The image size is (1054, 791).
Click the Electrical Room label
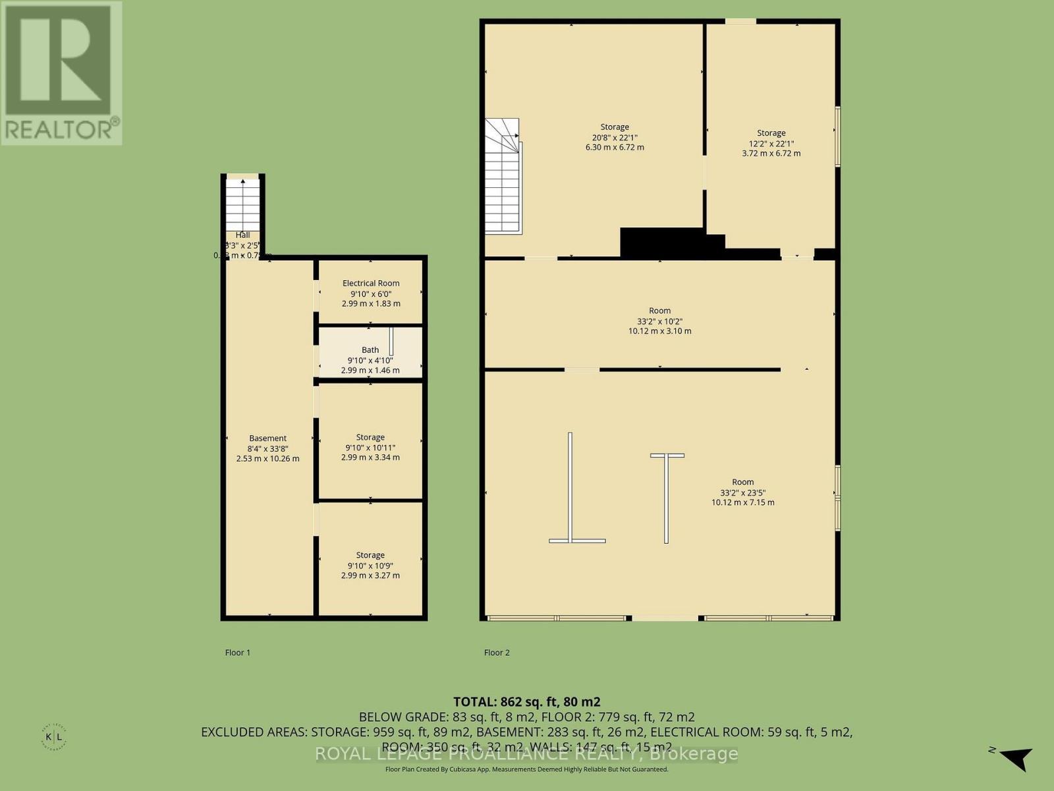click(x=371, y=283)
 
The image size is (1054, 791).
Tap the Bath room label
click(x=370, y=350)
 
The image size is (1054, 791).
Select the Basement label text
click(x=267, y=438)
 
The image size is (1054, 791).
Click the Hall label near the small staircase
click(x=243, y=235)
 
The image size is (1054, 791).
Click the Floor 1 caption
click(x=238, y=653)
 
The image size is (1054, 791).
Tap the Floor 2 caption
click(x=497, y=653)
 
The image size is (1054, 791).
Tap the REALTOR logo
click(x=61, y=73)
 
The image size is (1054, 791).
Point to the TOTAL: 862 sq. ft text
click(x=526, y=702)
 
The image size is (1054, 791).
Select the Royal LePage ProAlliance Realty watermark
click(x=526, y=753)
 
